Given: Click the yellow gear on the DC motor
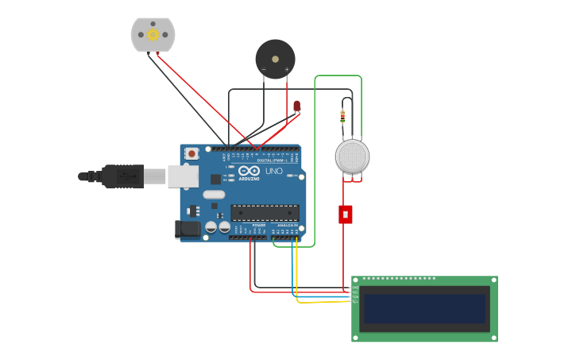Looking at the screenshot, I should (x=153, y=34).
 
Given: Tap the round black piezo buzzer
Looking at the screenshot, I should (x=275, y=59).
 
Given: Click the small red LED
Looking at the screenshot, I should (x=296, y=105).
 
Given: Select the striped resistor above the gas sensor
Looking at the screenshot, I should (x=342, y=117).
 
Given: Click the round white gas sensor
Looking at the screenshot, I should (x=352, y=157).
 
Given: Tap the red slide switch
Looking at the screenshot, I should (x=345, y=214).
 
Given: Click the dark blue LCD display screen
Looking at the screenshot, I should (x=424, y=308).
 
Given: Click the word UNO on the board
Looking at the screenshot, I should (x=273, y=171).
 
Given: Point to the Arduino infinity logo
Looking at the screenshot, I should (x=249, y=170).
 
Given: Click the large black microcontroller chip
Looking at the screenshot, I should (x=265, y=212).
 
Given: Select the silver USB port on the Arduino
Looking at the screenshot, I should (x=183, y=176).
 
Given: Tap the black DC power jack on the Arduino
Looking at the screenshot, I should (x=187, y=230).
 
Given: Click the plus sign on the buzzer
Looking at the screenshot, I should (x=287, y=70).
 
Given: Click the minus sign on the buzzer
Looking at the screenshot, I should (x=264, y=70).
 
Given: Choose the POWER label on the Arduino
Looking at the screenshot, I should (x=259, y=226).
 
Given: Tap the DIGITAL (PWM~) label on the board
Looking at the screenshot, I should (x=272, y=160).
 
